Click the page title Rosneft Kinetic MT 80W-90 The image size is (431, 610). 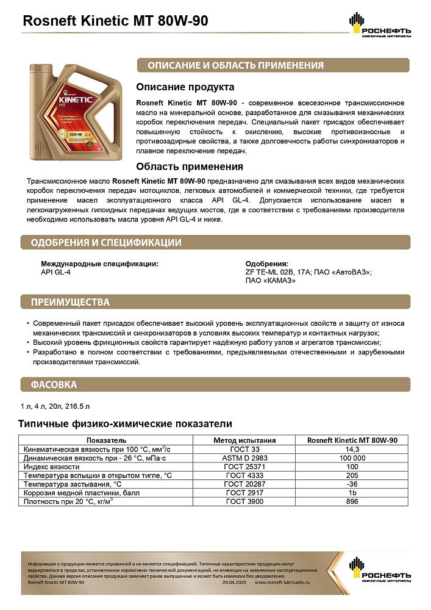115,21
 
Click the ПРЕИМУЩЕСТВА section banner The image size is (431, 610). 71,302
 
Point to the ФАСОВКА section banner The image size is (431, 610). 54,385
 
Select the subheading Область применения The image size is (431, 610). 190,166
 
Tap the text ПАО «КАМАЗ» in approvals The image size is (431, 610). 270,281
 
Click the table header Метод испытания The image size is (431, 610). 244,440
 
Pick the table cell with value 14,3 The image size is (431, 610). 352,448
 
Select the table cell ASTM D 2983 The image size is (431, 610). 244,457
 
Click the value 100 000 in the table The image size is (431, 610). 352,457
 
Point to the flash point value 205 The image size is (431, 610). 352,475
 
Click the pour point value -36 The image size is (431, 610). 352,484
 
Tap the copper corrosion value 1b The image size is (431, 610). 352,492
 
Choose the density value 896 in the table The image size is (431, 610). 352,501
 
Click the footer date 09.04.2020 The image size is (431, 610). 233,583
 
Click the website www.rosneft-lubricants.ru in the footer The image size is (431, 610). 282,583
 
